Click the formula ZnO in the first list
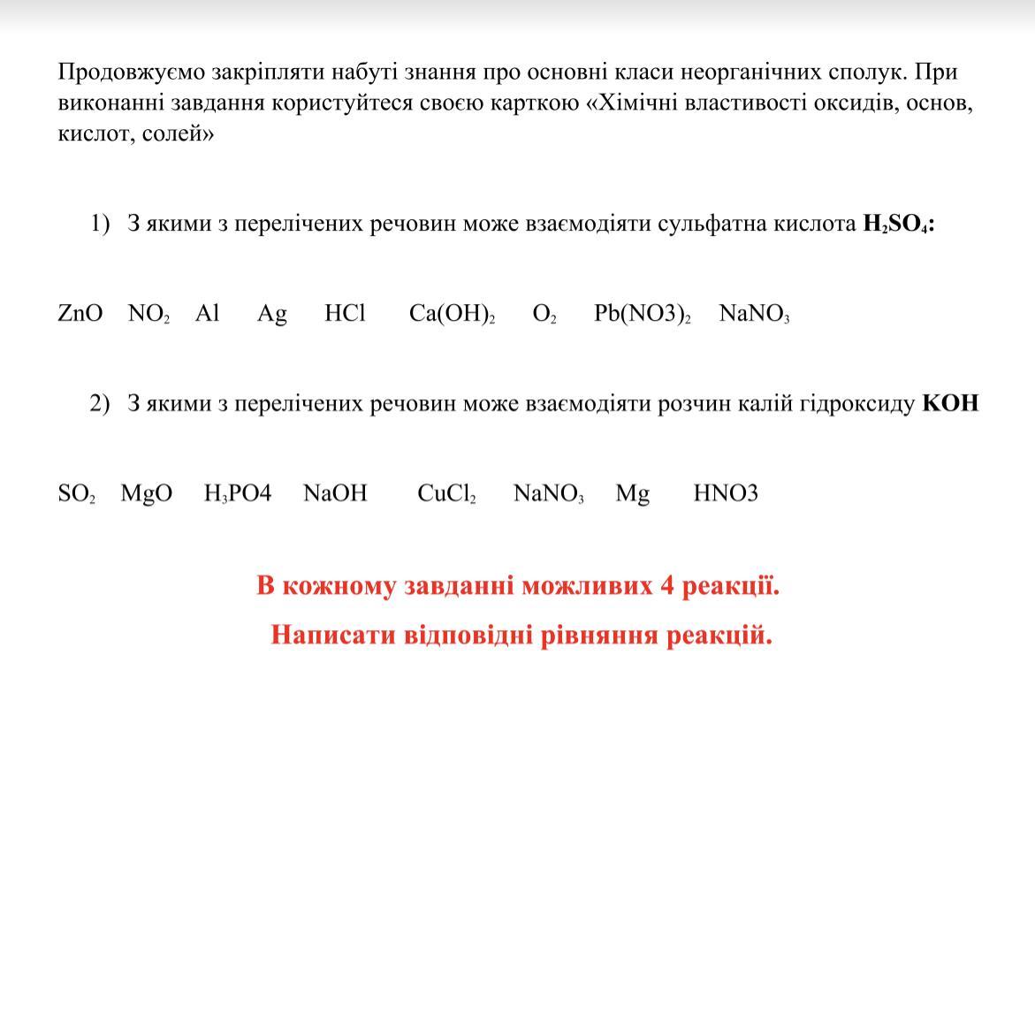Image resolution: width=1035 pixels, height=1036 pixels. point(80,314)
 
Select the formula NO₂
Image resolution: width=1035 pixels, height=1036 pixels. point(148,314)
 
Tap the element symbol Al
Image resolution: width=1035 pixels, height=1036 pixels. point(207,314)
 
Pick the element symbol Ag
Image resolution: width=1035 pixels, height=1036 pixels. point(272,315)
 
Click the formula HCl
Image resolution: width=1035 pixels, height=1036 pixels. point(345,314)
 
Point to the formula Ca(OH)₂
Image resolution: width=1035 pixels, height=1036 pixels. point(452,315)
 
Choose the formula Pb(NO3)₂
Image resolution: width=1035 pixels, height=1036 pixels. point(642,315)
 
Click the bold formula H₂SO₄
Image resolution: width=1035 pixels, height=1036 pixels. point(897,224)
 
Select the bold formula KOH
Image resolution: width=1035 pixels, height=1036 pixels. point(950,404)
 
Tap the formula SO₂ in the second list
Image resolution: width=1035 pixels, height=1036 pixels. point(76,494)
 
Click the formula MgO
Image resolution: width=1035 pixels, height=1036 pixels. point(147,494)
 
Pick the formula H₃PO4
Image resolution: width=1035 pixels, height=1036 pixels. point(238,494)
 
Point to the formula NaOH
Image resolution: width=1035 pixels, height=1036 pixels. point(335,494)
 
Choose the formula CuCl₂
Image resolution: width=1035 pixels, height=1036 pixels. point(446,494)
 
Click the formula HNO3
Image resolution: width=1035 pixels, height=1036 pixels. point(726,494)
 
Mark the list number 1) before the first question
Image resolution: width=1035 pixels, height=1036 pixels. point(99,224)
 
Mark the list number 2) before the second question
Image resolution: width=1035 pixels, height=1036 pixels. point(99,404)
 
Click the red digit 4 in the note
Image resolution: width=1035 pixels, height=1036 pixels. point(667,586)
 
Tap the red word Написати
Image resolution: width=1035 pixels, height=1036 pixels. point(332,636)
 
